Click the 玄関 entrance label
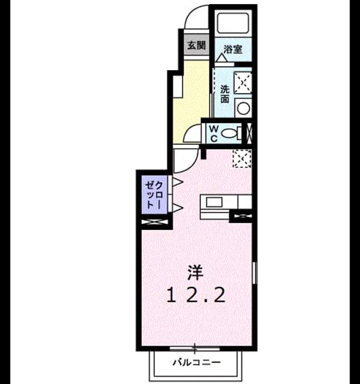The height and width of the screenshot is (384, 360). pyautogui.click(x=197, y=46)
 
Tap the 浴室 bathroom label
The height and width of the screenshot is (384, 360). pyautogui.click(x=233, y=49)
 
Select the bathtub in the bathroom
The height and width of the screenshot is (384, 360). pyautogui.click(x=233, y=23)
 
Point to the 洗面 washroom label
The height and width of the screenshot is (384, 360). pyautogui.click(x=224, y=94)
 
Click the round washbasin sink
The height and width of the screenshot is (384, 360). pyautogui.click(x=244, y=108)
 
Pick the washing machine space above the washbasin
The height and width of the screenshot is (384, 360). pyautogui.click(x=243, y=83)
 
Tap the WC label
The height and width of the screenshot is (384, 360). pyautogui.click(x=214, y=133)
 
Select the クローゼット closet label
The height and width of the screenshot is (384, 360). pyautogui.click(x=154, y=195)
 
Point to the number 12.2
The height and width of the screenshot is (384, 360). pyautogui.click(x=196, y=295)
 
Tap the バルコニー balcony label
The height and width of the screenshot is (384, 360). pyautogui.click(x=197, y=362)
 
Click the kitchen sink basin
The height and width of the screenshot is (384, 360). pyautogui.click(x=214, y=202)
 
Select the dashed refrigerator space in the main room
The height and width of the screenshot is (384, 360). pyautogui.click(x=242, y=158)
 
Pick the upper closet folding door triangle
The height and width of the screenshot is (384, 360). pyautogui.click(x=178, y=182)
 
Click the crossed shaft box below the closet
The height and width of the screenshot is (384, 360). pyautogui.click(x=155, y=222)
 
